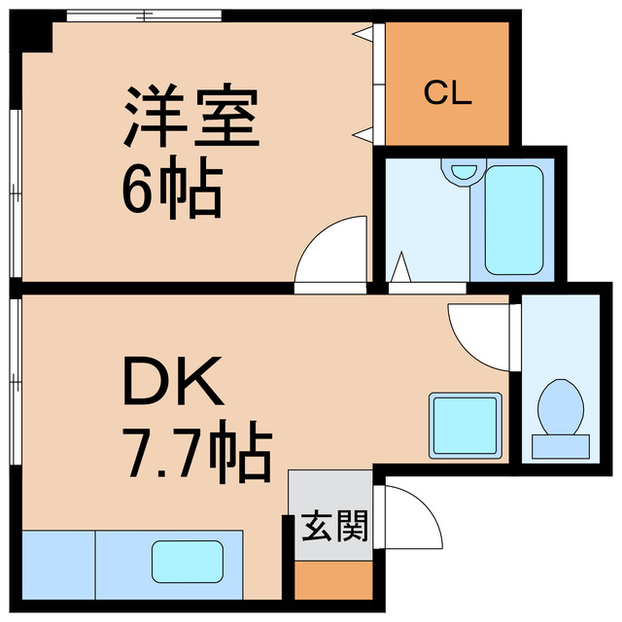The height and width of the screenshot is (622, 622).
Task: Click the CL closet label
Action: coord(447,94)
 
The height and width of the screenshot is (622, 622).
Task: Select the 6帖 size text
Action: coord(172,190)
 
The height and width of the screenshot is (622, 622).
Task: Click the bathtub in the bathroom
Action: coord(512,219)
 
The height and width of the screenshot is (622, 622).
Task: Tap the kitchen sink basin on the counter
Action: coord(186,562)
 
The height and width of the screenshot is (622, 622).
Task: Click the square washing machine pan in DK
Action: coord(466,425)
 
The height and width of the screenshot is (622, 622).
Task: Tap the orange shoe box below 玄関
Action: coord(332,580)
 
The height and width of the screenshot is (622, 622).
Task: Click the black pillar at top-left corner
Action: coord(33,32)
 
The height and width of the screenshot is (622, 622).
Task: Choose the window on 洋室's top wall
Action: coord(146,16)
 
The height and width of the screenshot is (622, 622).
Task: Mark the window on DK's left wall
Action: coord(14,379)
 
